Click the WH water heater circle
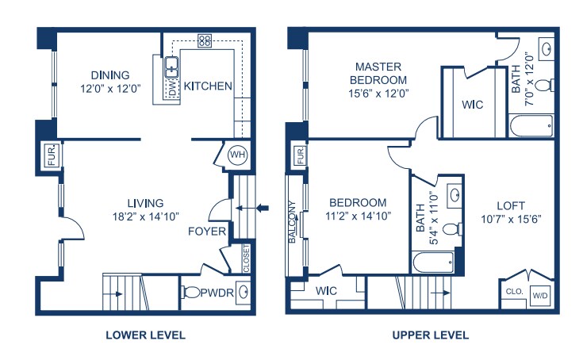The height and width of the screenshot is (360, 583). tap(237, 154)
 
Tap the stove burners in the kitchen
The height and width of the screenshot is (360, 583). tap(205, 40)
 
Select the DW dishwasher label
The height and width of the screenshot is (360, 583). tap(172, 89)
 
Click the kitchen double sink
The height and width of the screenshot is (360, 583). tap(171, 67)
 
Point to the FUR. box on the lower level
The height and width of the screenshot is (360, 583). tap(52, 155)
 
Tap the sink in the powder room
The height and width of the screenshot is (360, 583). tap(243, 292)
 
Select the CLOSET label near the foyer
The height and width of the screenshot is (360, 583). tap(246, 259)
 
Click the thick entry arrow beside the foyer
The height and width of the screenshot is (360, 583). tap(263, 208)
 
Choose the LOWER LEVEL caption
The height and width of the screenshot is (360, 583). tap(145, 335)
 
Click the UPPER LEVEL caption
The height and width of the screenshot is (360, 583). tap(431, 335)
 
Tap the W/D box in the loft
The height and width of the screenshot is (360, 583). tap(540, 296)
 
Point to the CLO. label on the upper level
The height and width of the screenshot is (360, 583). tap(514, 292)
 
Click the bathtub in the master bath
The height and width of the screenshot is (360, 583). tap(531, 126)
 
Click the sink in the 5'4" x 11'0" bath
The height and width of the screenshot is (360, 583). tap(454, 195)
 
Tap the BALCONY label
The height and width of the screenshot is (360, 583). tap(292, 222)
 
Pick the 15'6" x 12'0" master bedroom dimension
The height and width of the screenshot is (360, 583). tap(378, 94)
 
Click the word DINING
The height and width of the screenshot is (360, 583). tap(110, 75)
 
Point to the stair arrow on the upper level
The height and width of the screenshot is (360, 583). tap(440, 293)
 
